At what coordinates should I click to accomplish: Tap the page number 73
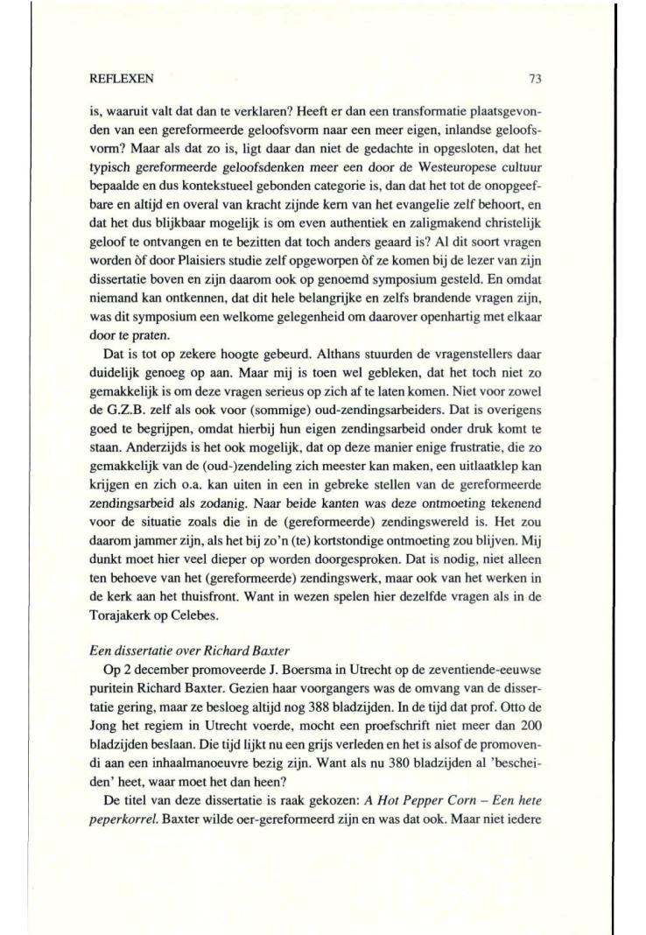pyautogui.click(x=536, y=78)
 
